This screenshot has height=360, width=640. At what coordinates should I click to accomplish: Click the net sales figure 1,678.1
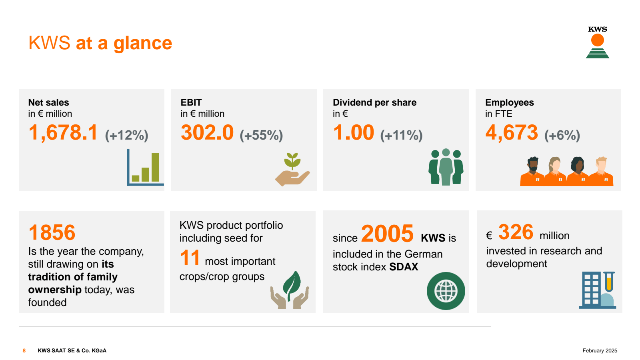63,133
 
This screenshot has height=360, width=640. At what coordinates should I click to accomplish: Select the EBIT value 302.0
207,133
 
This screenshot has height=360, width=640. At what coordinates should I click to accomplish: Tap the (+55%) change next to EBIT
261,135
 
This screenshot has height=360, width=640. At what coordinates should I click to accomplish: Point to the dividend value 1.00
354,133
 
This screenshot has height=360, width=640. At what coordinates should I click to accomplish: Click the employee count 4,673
512,133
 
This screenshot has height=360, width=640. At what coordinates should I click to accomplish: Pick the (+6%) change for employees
562,135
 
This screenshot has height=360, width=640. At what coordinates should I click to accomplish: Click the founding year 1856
52,232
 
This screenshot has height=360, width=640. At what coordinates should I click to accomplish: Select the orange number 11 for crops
190,258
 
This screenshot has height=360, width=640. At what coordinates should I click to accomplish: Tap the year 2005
387,234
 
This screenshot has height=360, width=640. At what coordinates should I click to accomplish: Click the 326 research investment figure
516,232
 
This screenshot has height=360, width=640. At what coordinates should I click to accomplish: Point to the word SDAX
404,267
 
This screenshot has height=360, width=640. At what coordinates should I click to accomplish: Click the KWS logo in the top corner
597,42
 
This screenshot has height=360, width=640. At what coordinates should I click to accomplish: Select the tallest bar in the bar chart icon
155,167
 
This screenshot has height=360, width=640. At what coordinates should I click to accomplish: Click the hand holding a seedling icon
292,170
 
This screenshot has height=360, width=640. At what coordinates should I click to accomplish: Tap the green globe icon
446,291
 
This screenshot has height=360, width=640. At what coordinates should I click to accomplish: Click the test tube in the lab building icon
609,282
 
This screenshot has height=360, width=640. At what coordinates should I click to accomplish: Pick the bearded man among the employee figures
532,171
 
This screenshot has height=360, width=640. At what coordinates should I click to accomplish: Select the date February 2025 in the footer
600,351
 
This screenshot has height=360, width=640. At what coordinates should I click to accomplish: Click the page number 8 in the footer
24,351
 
